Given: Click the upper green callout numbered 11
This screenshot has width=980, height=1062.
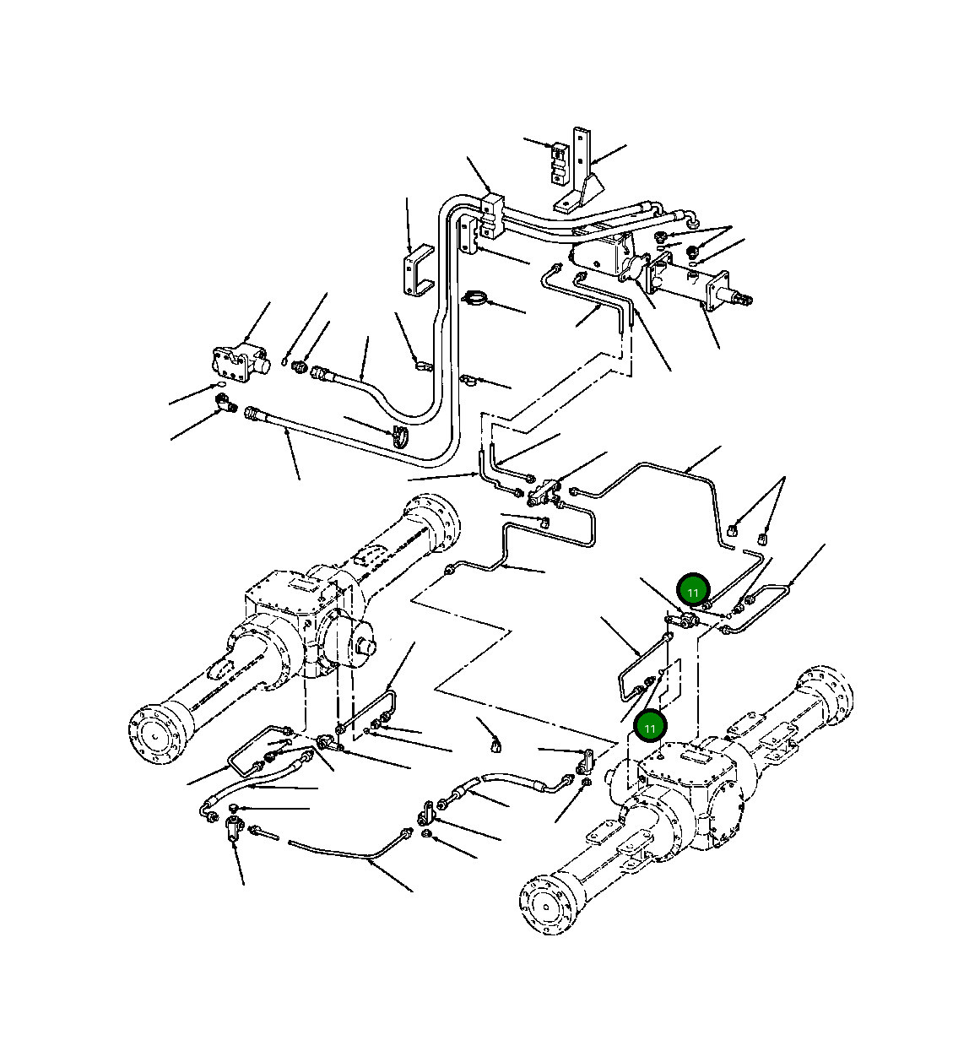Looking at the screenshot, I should [x=693, y=592].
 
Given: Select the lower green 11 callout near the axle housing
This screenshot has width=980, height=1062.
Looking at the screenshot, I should [x=649, y=726].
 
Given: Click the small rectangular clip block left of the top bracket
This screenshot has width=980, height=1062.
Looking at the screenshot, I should [x=558, y=162].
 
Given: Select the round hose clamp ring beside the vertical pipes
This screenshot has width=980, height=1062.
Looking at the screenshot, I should [x=477, y=298].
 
